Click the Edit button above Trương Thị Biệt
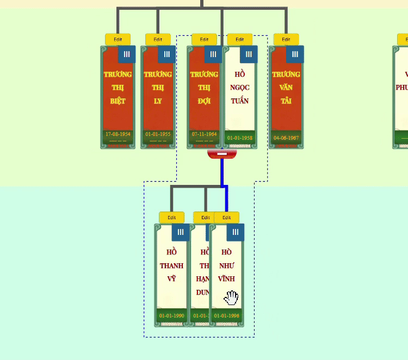coord(118,39)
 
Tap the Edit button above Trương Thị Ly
coord(158,39)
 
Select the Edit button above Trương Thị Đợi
coord(204,39)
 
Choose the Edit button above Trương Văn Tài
coord(286,39)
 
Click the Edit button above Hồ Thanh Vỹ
coord(172,218)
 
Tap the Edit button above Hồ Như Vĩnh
coord(227,218)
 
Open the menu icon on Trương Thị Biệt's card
coord(127,54)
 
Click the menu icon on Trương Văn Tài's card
coord(295,54)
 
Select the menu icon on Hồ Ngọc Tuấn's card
coord(249,54)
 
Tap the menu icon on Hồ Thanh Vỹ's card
coord(181,232)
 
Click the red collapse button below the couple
coord(222,155)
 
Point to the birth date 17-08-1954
coord(118,134)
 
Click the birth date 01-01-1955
coord(158,134)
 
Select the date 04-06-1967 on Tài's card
coord(286,138)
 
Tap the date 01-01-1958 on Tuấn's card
coord(240,138)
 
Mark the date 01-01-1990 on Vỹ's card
coord(172,315)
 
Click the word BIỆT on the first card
coord(118,101)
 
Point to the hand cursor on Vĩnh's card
coord(232,297)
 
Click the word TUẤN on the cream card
coord(240,101)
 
